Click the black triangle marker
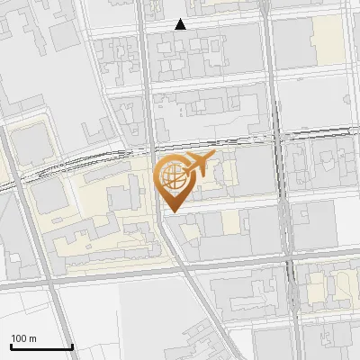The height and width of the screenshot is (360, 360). pyautogui.click(x=181, y=24)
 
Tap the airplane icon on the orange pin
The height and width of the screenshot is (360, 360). pyautogui.click(x=196, y=165)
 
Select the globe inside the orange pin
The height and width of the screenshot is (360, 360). pyautogui.click(x=171, y=177)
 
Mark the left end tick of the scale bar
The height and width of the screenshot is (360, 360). pyautogui.click(x=11, y=346)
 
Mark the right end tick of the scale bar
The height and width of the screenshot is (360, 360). pyautogui.click(x=72, y=346)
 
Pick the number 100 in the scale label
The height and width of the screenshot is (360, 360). pyautogui.click(x=18, y=338)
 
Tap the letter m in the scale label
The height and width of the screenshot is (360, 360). pyautogui.click(x=32, y=338)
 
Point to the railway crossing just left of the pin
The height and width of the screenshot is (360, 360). pyautogui.click(x=148, y=149)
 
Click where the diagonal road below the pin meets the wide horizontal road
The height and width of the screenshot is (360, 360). pyautogui.click(x=187, y=268)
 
